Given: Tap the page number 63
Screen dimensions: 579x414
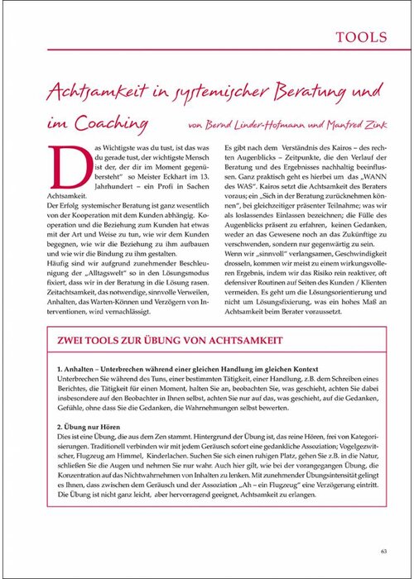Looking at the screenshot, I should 383,553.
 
